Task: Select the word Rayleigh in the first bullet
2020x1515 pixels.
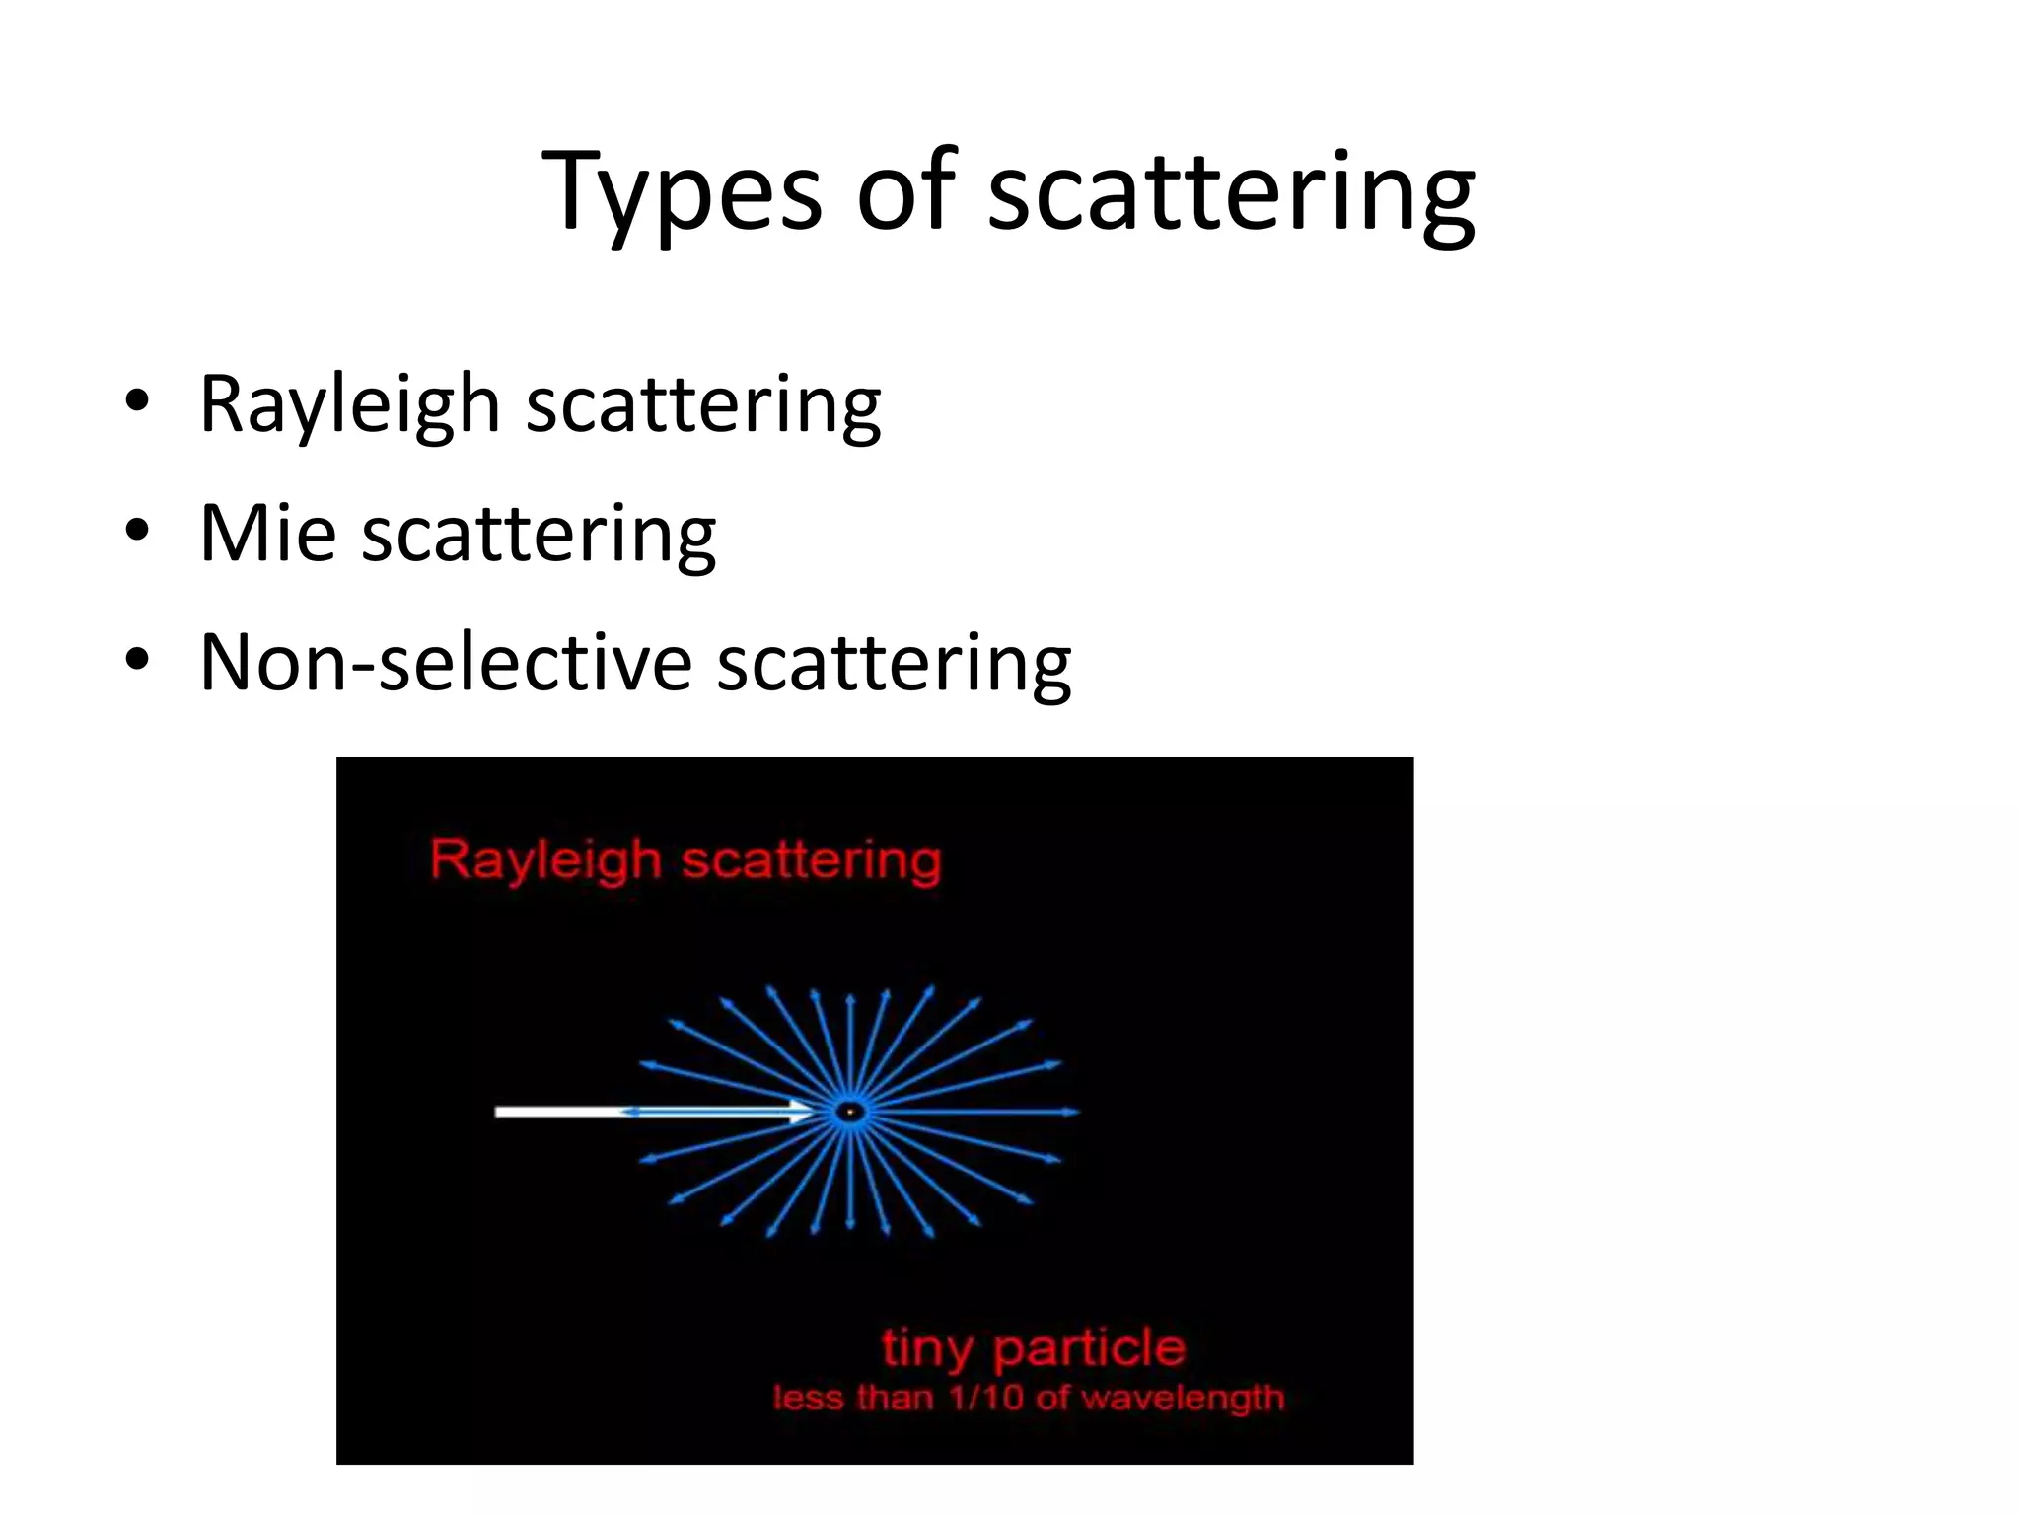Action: click(350, 403)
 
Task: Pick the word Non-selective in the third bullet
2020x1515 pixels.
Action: click(446, 662)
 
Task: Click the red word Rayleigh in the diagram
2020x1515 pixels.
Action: click(544, 860)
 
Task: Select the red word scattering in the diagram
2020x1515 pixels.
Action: click(811, 860)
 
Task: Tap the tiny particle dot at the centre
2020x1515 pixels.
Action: click(849, 1113)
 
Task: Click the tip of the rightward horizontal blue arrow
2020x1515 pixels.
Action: click(1076, 1112)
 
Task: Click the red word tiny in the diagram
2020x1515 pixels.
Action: click(926, 1348)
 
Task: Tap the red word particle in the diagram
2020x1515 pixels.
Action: click(1089, 1348)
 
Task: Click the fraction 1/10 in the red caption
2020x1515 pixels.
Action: click(986, 1398)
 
